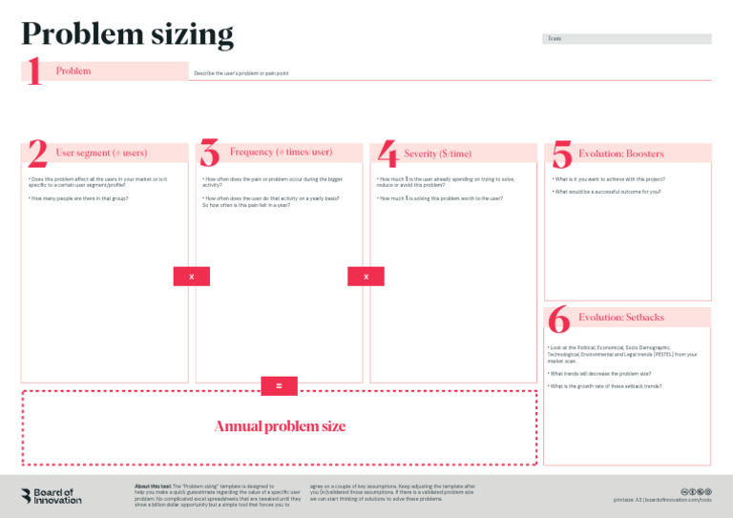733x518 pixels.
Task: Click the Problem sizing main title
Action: (127, 34)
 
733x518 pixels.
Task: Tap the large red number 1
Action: (34, 72)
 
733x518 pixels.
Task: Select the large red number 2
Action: (37, 154)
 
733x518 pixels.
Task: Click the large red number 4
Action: (386, 154)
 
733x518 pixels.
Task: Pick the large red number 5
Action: (561, 154)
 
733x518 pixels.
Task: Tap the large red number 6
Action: (559, 318)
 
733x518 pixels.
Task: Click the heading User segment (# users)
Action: (101, 153)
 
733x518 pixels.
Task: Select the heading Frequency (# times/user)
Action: (281, 152)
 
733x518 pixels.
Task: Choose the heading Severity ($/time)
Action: (437, 154)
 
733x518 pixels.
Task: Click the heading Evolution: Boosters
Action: (620, 154)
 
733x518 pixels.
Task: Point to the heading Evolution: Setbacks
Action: (620, 317)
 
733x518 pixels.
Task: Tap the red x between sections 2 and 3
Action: (191, 276)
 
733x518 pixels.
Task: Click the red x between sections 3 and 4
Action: (366, 276)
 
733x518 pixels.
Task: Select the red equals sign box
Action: (279, 385)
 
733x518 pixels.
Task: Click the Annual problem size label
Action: (279, 426)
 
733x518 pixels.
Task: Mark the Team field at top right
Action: (626, 39)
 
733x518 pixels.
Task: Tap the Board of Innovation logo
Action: (52, 496)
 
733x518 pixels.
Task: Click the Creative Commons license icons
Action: (696, 490)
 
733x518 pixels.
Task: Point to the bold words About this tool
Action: (153, 487)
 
